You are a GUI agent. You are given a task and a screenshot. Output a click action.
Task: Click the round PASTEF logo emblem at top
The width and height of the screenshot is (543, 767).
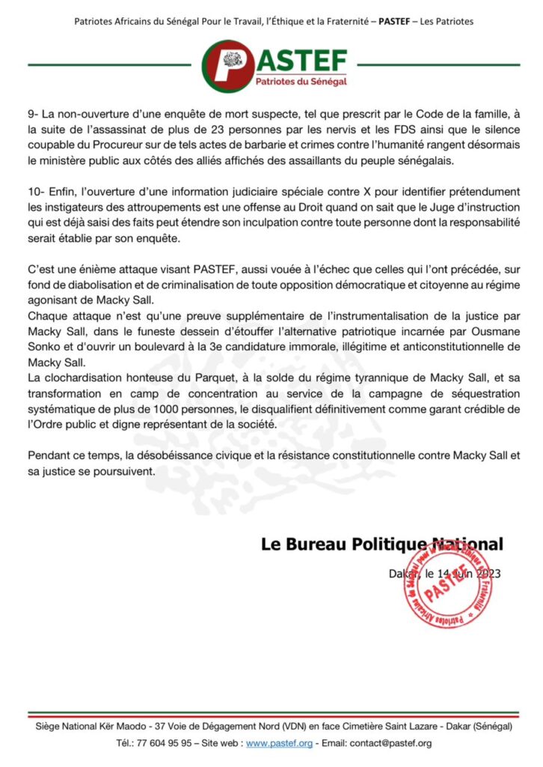pyautogui.click(x=227, y=65)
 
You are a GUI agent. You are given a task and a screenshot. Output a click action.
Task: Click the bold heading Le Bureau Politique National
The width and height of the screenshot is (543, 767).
pyautogui.click(x=381, y=545)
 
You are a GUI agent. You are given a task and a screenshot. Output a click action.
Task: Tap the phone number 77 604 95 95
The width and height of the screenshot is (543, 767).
pyautogui.click(x=167, y=743)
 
